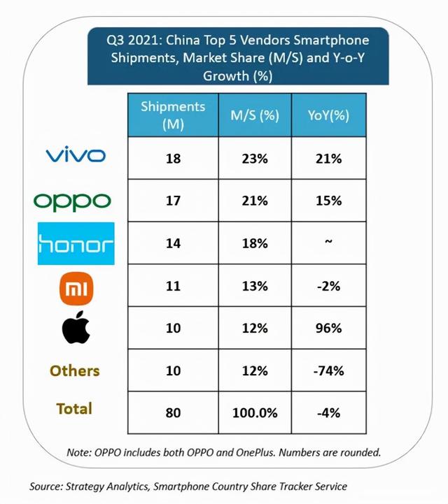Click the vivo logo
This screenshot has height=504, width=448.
(x=76, y=156)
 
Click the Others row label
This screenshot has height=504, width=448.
(x=74, y=370)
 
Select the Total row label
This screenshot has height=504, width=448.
(x=74, y=408)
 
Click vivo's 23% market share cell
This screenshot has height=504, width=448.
(x=255, y=159)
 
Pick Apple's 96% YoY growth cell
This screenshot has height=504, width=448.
(x=328, y=329)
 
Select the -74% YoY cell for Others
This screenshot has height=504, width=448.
(x=328, y=371)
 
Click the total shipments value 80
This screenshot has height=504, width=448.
(x=173, y=412)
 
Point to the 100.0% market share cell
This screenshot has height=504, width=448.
(x=255, y=412)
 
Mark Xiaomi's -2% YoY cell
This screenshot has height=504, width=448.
(x=328, y=287)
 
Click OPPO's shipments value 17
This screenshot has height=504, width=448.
(x=173, y=201)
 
